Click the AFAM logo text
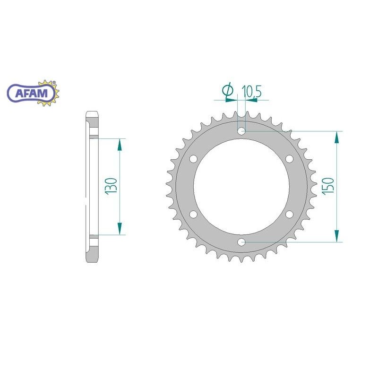point(32,93)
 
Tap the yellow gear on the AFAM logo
point(50,93)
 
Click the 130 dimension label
point(111,185)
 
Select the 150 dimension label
point(327,185)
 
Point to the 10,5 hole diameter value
point(251,91)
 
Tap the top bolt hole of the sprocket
point(241,131)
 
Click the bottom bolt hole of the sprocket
point(241,242)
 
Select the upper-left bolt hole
point(193,159)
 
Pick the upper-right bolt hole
point(289,159)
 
